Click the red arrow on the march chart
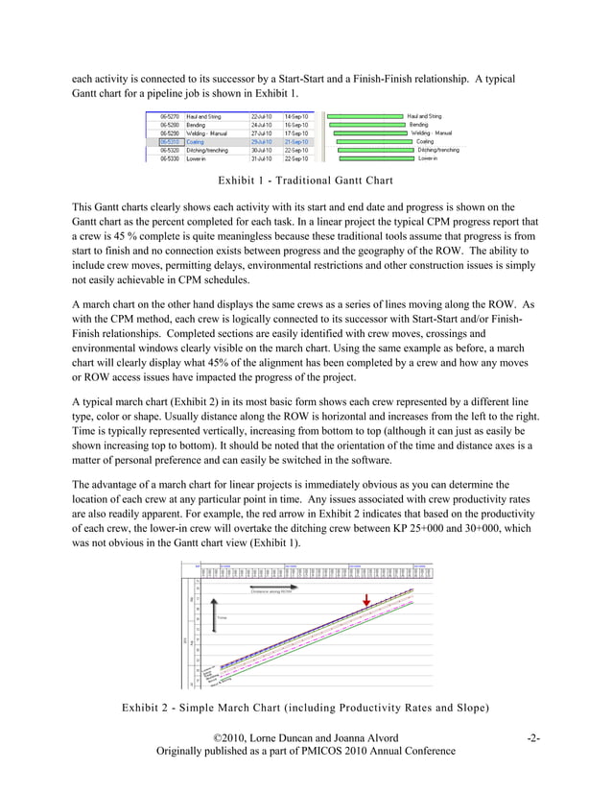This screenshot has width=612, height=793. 365,601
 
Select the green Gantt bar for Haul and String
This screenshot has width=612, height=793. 365,116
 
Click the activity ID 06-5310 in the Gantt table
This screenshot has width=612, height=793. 171,142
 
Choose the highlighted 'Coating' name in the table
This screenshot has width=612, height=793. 197,142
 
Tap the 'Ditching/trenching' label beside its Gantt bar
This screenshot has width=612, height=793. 438,151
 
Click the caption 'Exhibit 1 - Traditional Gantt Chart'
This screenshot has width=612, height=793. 305,180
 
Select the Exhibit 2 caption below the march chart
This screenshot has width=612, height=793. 306,735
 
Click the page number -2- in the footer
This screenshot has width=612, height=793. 533,764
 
